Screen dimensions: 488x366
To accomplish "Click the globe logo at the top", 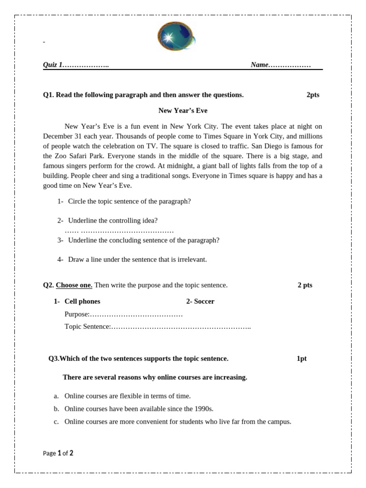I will tap(175, 37).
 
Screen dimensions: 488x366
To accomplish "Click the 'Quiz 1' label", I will tap(53, 65).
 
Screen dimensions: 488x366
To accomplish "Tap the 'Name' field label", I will tap(260, 65).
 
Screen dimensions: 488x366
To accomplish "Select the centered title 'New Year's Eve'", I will tap(183, 111).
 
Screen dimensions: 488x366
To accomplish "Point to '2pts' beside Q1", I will tap(313, 95).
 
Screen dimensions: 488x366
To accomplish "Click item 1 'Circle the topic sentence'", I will tap(129, 201).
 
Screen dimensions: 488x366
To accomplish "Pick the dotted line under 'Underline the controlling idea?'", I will tap(119, 231).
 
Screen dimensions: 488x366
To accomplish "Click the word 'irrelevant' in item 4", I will tap(192, 259).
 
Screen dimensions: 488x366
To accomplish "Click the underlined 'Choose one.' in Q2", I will tap(74, 285).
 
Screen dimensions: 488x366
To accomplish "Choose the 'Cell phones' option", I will tap(82, 301).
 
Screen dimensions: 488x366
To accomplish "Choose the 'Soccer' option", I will tap(204, 301).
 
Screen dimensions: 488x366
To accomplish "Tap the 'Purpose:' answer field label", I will tap(77, 314).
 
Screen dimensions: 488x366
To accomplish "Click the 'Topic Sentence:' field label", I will tap(87, 326).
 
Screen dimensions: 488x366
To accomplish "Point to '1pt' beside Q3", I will tap(302, 358).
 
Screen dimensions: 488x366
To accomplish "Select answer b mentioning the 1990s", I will tap(139, 408).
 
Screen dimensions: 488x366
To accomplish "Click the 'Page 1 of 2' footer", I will tap(58, 453).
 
